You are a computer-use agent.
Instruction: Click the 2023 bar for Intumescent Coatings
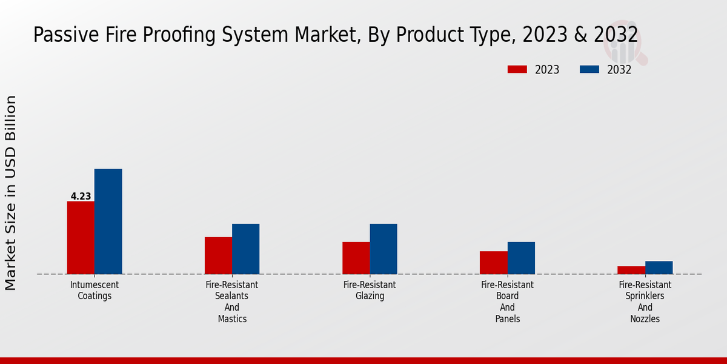[x=81, y=237]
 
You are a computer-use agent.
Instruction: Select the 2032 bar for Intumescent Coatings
[x=108, y=221]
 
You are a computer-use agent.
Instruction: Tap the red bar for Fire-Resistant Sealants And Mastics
[x=218, y=255]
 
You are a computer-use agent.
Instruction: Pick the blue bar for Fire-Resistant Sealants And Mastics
[x=245, y=249]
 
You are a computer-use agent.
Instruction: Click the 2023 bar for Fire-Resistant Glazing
[x=356, y=258]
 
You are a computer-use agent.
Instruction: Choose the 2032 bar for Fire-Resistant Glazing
[x=383, y=249]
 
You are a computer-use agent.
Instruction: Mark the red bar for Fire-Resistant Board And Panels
[x=493, y=263]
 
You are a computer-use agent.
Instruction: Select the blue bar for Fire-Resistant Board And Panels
[x=521, y=258]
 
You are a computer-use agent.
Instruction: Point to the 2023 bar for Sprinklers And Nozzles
[x=631, y=270]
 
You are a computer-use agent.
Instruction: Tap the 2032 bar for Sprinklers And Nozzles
[x=659, y=268]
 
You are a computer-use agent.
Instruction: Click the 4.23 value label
[x=81, y=197]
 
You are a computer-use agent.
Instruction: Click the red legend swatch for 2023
[x=517, y=70]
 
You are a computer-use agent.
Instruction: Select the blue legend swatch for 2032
[x=589, y=70]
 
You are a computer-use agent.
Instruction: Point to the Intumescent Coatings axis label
[x=95, y=291]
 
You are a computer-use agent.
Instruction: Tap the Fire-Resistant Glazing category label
[x=370, y=291]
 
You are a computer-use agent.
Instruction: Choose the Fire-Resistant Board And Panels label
[x=507, y=302]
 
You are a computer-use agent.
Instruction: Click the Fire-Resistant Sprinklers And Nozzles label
[x=645, y=302]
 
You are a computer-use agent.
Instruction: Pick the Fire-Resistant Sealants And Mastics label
[x=232, y=302]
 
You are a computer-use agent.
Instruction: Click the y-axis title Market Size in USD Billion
[x=11, y=193]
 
